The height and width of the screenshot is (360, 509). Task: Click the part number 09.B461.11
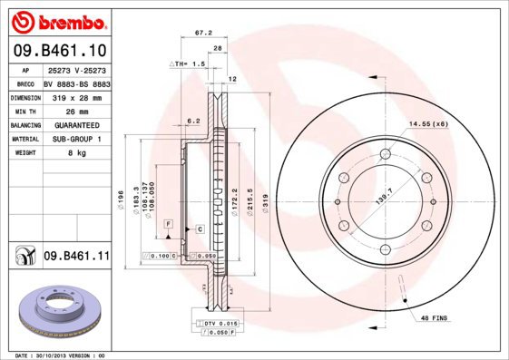(76, 258)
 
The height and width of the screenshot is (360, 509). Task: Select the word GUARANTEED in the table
(76, 124)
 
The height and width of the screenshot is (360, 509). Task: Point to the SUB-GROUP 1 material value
(76, 139)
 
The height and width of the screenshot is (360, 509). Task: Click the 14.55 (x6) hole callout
(428, 123)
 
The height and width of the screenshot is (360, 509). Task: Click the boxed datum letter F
(168, 222)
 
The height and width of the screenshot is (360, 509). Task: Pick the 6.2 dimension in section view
(193, 120)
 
